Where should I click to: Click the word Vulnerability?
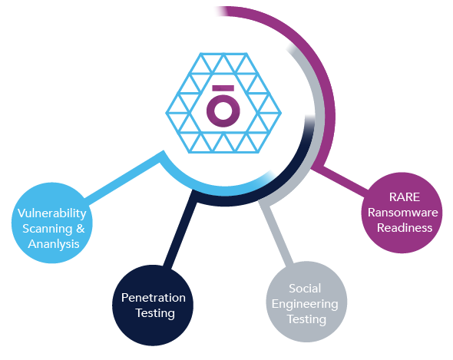click(x=52, y=214)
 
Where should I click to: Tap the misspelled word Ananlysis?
click(x=54, y=244)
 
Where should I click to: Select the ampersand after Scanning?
click(x=81, y=229)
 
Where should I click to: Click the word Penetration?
click(x=154, y=298)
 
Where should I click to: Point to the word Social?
click(x=305, y=289)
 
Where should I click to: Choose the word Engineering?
click(x=305, y=304)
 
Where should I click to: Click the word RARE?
click(x=405, y=197)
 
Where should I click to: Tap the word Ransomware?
click(x=403, y=213)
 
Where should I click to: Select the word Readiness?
click(x=405, y=228)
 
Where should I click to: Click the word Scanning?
click(x=48, y=229)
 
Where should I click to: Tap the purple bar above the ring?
click(x=223, y=88)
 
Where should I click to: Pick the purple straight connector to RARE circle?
click(x=341, y=179)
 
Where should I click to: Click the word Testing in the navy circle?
click(x=155, y=313)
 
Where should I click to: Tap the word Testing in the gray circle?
click(x=306, y=319)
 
